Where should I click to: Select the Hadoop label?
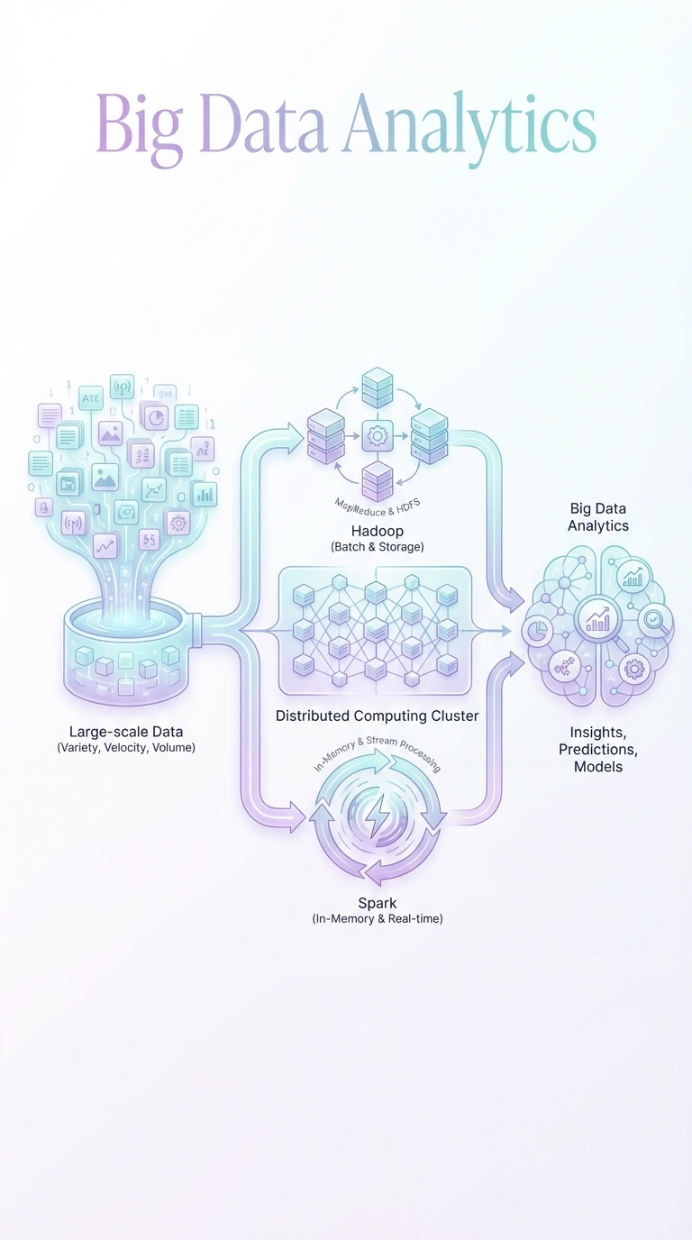[377, 531]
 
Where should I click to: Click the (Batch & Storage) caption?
[377, 547]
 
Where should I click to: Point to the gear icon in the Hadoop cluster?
[378, 435]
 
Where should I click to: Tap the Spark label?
[377, 902]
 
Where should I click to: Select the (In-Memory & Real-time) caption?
[377, 919]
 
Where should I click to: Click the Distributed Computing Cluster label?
[377, 716]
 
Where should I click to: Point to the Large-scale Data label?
[126, 732]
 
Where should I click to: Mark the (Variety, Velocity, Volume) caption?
[126, 748]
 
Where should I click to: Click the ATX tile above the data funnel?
[92, 397]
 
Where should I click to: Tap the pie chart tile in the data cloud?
[156, 417]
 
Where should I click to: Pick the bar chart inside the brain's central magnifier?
[597, 619]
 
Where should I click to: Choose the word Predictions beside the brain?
[598, 750]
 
